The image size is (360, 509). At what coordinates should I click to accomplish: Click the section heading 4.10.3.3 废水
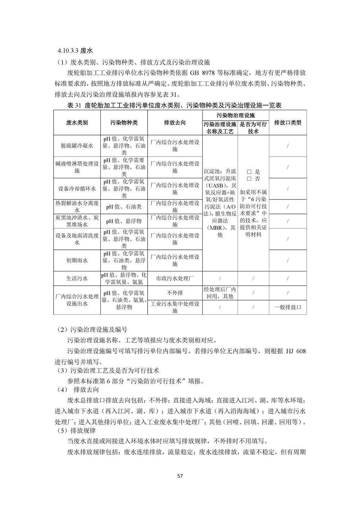click(75, 51)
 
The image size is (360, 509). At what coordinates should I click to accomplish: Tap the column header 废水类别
click(77, 122)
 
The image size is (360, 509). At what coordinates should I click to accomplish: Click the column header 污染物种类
click(124, 122)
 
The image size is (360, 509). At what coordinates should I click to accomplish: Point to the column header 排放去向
click(175, 122)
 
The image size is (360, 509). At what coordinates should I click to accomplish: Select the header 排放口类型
click(288, 122)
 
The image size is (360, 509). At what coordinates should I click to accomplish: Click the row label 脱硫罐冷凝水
click(77, 146)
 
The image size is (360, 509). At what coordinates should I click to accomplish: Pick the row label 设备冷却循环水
click(77, 189)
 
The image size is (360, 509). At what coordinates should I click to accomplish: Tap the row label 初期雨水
click(77, 260)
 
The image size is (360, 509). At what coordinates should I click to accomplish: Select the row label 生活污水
click(77, 278)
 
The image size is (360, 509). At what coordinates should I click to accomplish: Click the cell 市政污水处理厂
click(175, 278)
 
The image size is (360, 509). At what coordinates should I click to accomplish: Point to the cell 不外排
click(175, 293)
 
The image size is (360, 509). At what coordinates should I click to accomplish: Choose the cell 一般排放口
click(288, 307)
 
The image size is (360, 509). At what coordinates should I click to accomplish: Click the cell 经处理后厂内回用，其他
click(220, 293)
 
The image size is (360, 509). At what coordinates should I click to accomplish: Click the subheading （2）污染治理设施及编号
click(92, 329)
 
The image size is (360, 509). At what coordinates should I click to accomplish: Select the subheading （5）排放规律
click(77, 430)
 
